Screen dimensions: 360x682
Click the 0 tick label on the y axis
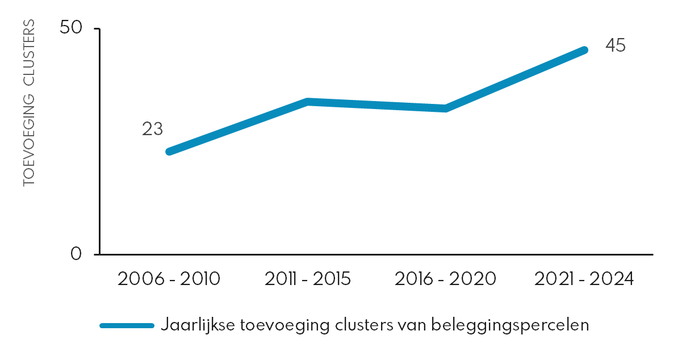(x=77, y=254)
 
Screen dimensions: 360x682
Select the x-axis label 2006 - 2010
(x=169, y=279)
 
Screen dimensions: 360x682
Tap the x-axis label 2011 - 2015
(x=307, y=279)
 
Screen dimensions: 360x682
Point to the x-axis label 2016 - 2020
(x=446, y=279)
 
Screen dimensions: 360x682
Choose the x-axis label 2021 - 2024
(x=584, y=279)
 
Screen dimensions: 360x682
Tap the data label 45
(x=615, y=45)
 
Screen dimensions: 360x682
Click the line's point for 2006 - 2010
(x=169, y=152)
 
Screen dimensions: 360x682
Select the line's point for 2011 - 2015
(x=307, y=102)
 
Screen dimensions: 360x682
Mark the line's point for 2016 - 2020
(x=446, y=108)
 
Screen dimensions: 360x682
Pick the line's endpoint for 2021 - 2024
(x=584, y=51)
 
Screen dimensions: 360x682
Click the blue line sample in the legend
(x=127, y=325)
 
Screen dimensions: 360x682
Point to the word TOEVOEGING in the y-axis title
(x=29, y=140)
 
